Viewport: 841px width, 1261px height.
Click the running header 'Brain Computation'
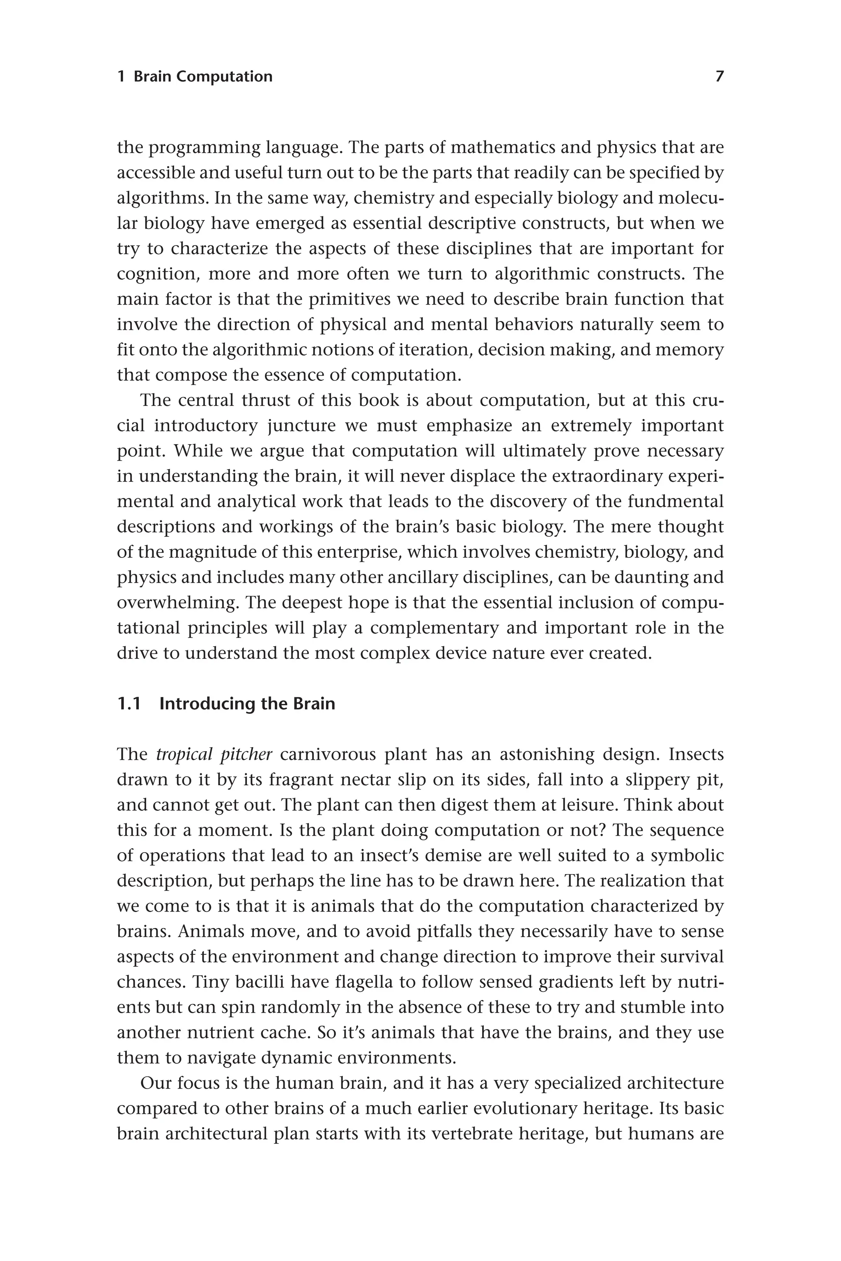pyautogui.click(x=203, y=77)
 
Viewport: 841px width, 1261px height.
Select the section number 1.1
pyautogui.click(x=129, y=704)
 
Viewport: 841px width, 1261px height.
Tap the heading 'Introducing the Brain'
pyautogui.click(x=247, y=704)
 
